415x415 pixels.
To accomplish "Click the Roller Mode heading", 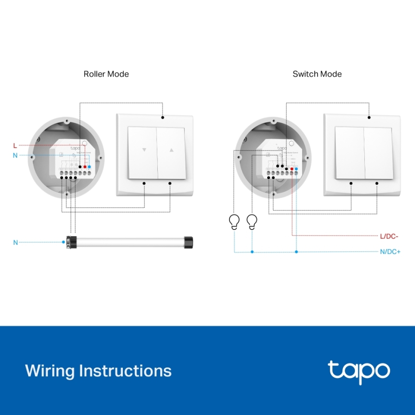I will (106, 74).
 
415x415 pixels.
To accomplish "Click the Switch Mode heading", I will (317, 74).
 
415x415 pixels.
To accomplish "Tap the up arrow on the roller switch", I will (172, 150).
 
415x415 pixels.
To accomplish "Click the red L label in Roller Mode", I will (15, 145).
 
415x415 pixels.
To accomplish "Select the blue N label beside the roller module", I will (15, 155).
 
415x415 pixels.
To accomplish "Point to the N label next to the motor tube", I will (15, 242).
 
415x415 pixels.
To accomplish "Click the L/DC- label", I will (389, 236).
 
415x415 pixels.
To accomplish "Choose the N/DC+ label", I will (390, 252).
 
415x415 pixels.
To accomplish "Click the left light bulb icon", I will (234, 222).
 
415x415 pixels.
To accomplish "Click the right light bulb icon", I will (252, 222).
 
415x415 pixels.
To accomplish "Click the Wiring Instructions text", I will (98, 371).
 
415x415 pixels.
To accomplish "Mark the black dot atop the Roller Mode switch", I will (163, 117).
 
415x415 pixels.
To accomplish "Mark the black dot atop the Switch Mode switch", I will (369, 117).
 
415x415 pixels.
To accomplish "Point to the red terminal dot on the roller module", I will (85, 167).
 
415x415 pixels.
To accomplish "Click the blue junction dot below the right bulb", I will (252, 252).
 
